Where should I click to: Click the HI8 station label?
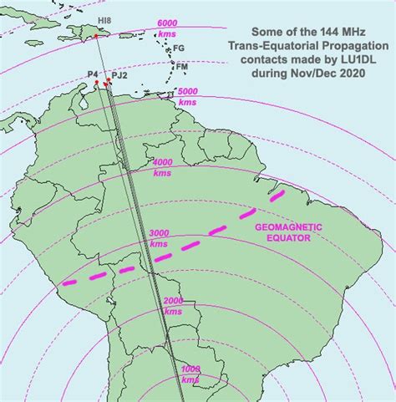[x=104, y=19]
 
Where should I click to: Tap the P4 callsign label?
[x=93, y=74]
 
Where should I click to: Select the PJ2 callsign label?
[x=119, y=75]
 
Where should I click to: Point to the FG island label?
[x=178, y=48]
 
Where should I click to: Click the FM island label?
[x=181, y=65]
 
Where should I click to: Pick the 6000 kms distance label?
[x=167, y=28]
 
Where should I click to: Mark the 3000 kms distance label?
[x=159, y=237]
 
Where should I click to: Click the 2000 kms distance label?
[x=174, y=305]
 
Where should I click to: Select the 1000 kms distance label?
[x=190, y=373]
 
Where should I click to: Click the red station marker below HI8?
[x=96, y=36]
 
